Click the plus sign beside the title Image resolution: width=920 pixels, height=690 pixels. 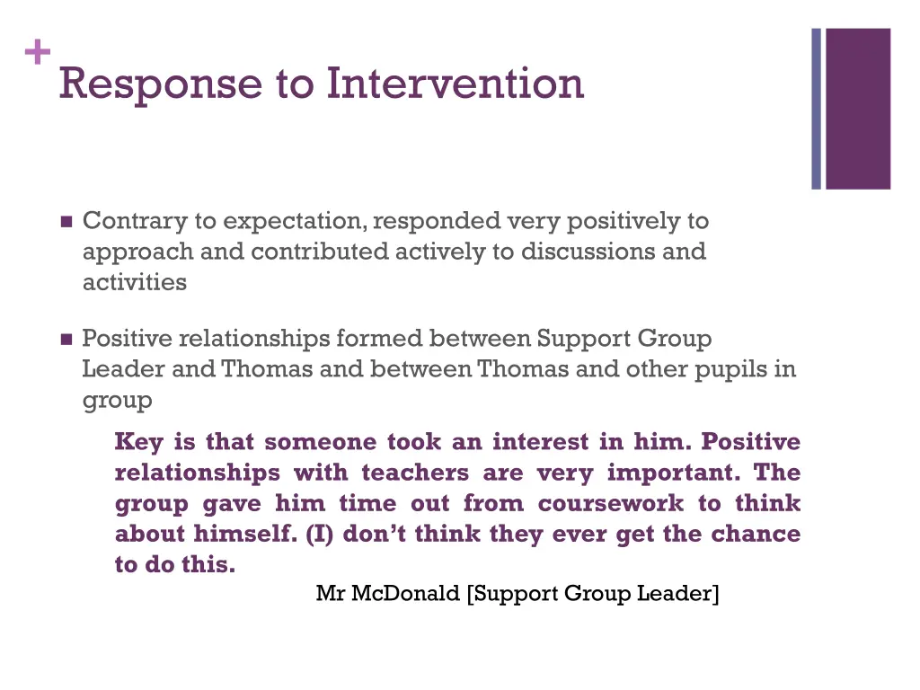38,54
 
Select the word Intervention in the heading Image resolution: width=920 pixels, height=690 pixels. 455,84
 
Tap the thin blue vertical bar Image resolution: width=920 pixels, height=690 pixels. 817,109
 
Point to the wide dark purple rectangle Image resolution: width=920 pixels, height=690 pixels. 858,109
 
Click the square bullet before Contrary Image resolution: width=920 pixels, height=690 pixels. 66,222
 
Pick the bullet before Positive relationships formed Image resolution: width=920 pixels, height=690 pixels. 66,340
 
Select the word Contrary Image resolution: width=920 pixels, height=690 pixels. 135,221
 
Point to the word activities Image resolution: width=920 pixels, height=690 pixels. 135,282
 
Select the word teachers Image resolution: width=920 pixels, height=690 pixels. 415,473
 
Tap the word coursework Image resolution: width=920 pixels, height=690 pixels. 611,503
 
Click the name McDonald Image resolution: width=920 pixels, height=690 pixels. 405,593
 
